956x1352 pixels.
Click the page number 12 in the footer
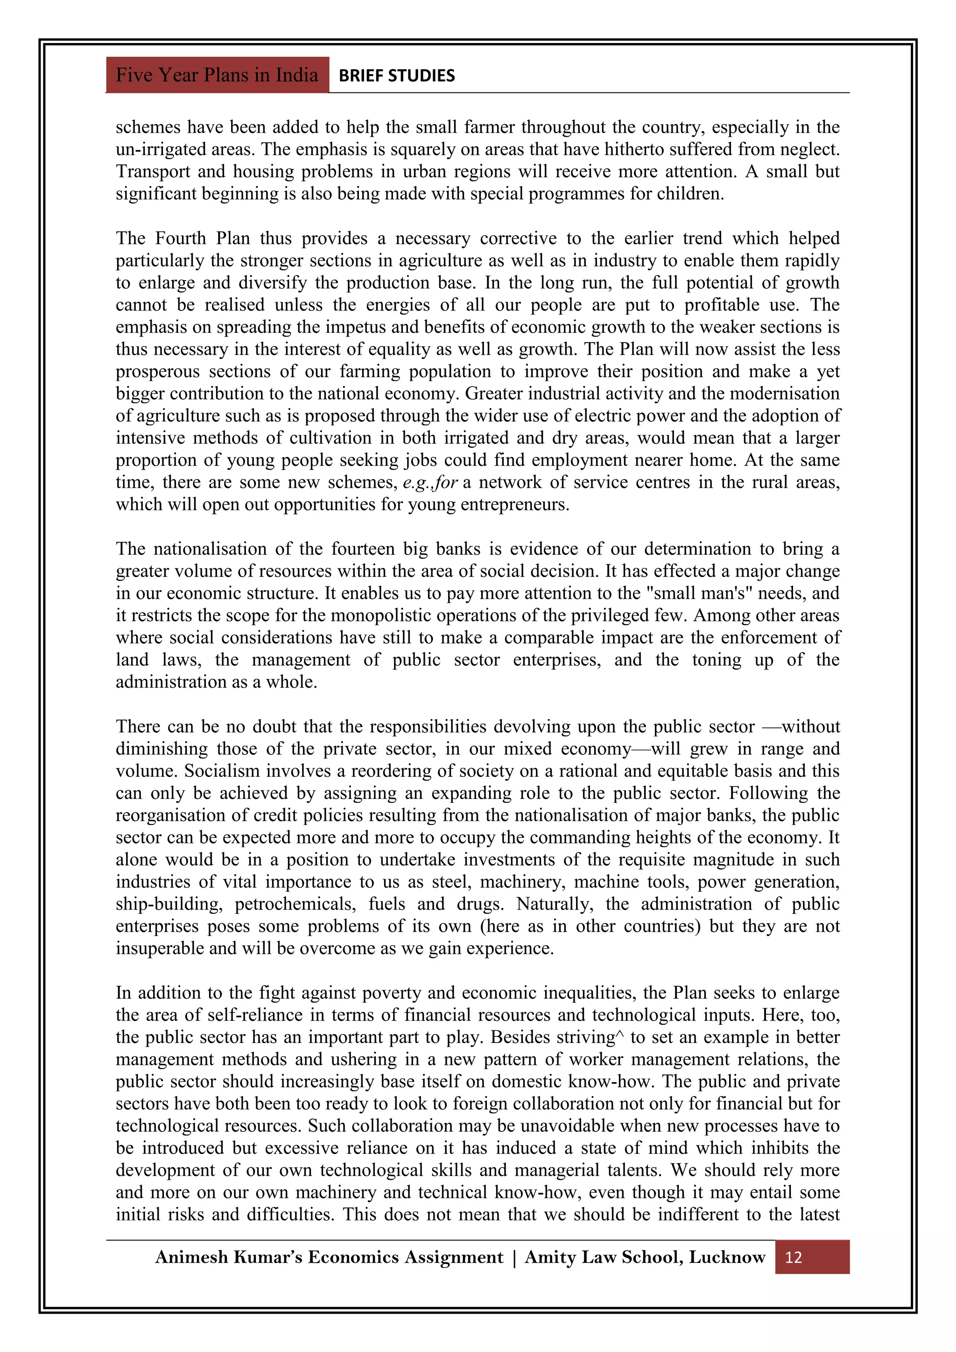point(793,1258)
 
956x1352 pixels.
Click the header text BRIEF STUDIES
point(397,75)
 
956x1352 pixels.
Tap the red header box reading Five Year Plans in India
point(217,75)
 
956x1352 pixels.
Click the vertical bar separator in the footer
point(514,1258)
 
